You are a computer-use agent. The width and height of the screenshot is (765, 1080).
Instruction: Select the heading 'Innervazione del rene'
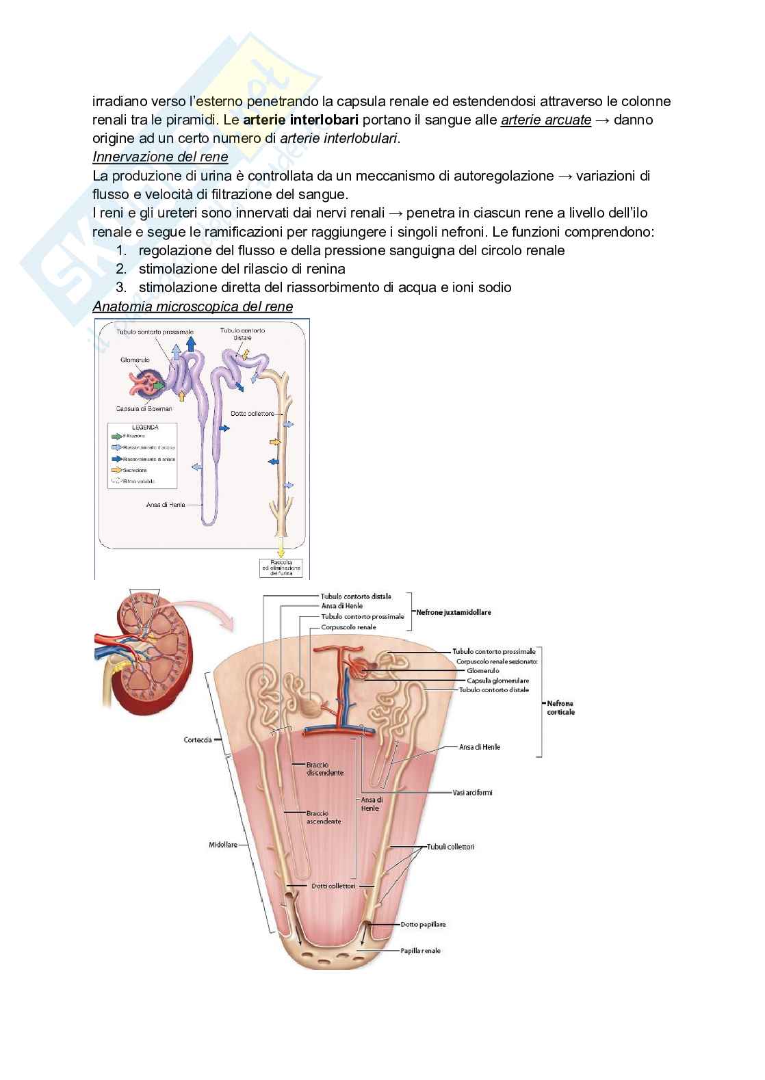[x=160, y=157]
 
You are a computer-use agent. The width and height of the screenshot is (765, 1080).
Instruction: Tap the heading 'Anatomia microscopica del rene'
[x=192, y=307]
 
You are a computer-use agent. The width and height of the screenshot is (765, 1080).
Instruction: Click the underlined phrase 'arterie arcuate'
[x=546, y=120]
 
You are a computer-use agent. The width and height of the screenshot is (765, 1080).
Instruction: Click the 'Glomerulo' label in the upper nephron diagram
[x=135, y=360]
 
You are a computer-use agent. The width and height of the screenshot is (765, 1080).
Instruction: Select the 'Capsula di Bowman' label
[x=144, y=409]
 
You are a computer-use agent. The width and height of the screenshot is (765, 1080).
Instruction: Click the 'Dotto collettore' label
[x=252, y=414]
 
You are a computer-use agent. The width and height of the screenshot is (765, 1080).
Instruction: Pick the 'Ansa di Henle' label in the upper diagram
[x=166, y=505]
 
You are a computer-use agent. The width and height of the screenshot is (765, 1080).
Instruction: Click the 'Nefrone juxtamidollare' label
[x=454, y=613]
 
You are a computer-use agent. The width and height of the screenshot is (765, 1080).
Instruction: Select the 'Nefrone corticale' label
[x=560, y=707]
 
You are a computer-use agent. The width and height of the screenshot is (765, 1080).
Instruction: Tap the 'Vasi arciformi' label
[x=472, y=793]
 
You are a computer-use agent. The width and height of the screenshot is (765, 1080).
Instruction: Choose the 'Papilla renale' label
[x=421, y=951]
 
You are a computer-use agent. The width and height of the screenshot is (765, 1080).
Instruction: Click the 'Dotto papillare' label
[x=423, y=924]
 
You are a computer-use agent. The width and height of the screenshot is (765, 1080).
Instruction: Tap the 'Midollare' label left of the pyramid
[x=223, y=845]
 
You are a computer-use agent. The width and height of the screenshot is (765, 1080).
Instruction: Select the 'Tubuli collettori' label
[x=451, y=847]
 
